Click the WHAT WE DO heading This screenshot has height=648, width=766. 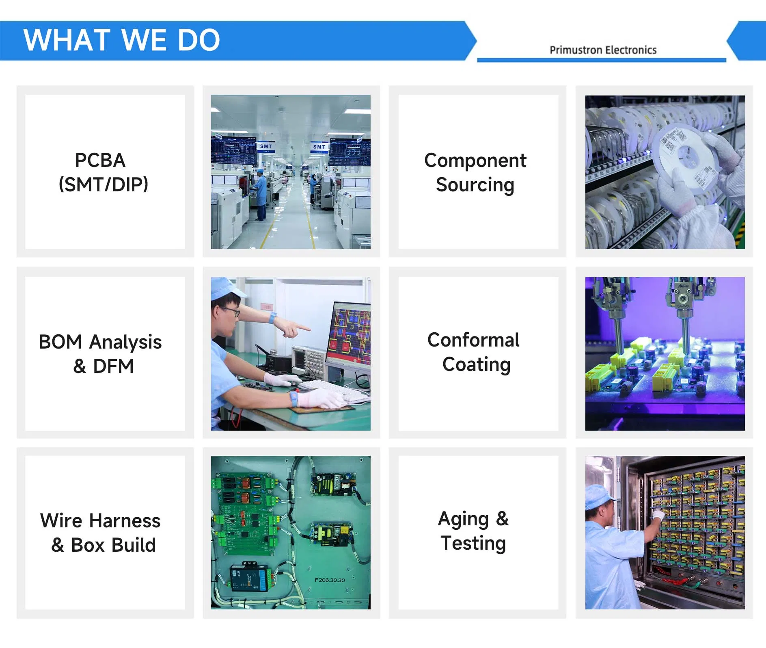coord(122,40)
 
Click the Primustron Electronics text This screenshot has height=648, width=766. coord(603,50)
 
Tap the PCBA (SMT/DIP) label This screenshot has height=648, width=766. coord(104,172)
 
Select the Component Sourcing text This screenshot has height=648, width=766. coord(475,172)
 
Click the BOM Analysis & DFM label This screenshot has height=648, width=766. coord(100,353)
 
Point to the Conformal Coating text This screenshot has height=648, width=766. coord(474,352)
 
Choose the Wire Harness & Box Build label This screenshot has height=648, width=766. coord(101,532)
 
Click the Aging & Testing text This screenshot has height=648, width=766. coord(473,531)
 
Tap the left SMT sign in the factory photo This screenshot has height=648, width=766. coord(266,146)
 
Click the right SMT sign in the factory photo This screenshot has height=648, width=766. coord(319,147)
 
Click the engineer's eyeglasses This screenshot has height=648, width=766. coord(230,312)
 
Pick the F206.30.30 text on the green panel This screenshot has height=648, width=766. coord(330,580)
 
